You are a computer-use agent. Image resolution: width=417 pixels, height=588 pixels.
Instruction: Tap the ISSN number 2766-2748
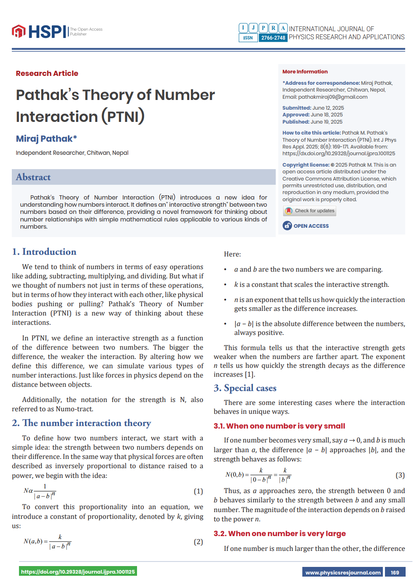coord(273,38)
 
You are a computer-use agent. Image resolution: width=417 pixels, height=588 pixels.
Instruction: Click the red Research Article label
coord(47,73)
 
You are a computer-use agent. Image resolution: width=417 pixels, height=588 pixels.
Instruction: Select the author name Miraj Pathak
coord(46,139)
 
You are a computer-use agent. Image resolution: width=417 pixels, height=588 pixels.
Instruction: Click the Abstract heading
coord(33,177)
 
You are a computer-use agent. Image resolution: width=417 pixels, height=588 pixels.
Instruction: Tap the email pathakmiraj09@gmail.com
coord(333,97)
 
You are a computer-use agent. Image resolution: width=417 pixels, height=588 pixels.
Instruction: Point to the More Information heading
coord(305,72)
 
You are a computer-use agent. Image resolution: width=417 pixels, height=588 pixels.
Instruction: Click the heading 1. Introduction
coord(44,252)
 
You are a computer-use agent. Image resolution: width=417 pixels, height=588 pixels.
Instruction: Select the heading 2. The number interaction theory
coord(81,423)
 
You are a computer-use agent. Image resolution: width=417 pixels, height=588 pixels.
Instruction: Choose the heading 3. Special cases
coord(245,388)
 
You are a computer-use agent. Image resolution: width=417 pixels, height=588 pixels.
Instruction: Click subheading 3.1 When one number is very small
coord(279,426)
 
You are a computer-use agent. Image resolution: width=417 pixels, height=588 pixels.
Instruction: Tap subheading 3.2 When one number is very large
coord(280,534)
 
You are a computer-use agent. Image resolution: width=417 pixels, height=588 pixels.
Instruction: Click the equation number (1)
coord(198,491)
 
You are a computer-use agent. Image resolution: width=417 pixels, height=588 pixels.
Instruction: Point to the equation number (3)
coord(400,475)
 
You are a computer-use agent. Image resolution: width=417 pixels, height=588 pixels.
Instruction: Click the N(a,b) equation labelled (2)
coord(47,542)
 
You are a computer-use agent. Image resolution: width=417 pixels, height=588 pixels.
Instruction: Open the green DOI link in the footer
coord(78,572)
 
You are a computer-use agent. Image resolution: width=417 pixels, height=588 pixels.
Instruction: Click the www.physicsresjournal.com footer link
coord(343,572)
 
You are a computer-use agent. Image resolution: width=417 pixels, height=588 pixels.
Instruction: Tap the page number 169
coord(395,572)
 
